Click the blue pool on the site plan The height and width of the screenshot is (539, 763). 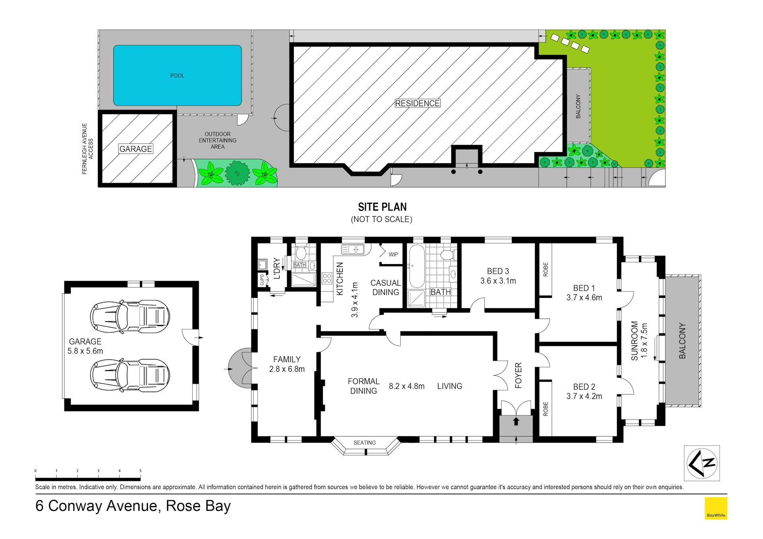[177, 75]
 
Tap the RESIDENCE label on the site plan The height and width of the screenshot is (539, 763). [417, 103]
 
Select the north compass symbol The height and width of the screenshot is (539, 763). [702, 463]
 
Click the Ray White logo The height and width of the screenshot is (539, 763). [716, 508]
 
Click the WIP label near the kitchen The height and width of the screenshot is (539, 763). [393, 255]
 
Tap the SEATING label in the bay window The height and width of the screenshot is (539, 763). [365, 442]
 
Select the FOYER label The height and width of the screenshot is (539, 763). [518, 375]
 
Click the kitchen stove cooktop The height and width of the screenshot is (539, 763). [327, 278]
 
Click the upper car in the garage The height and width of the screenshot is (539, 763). [130, 317]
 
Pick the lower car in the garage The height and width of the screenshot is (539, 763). [130, 375]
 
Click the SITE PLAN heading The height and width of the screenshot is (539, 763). [382, 207]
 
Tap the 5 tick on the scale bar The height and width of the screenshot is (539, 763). [140, 471]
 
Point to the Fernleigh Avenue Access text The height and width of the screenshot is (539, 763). [87, 149]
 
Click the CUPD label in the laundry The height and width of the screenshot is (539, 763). [262, 280]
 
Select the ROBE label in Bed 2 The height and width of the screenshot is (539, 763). [546, 409]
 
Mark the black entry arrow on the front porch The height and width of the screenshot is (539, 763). [516, 421]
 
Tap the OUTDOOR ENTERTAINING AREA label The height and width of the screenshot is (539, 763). [217, 140]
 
